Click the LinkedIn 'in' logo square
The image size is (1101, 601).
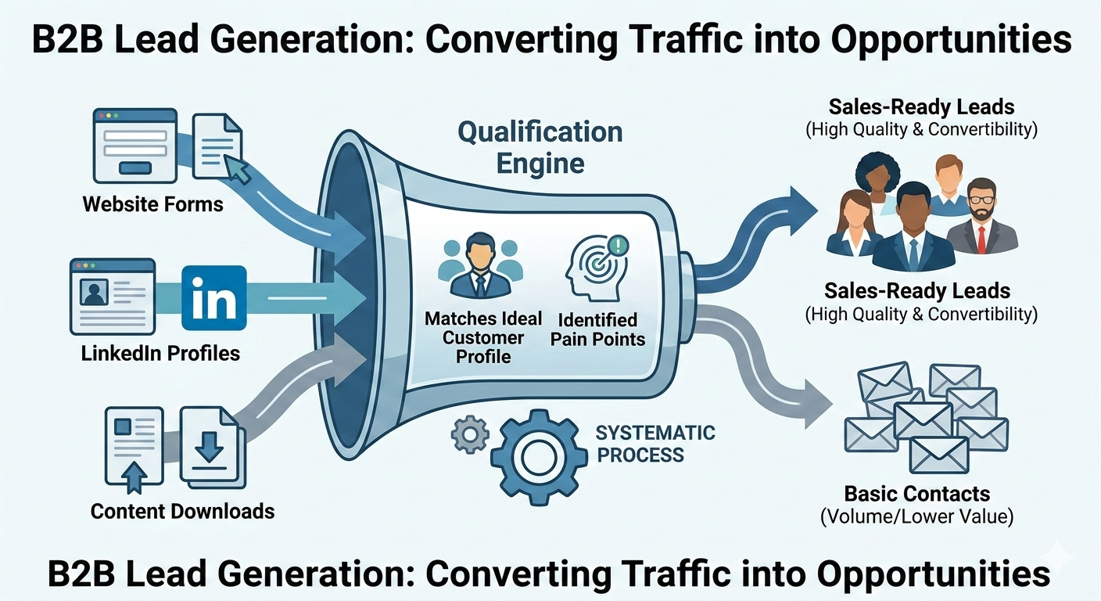213,298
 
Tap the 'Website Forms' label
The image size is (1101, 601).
152,205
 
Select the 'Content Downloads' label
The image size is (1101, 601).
182,512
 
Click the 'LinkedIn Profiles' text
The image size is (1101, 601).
160,354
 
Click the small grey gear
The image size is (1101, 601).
470,434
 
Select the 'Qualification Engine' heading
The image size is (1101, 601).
540,147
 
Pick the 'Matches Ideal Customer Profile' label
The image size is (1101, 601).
483,337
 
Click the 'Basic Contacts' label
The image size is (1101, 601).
916,494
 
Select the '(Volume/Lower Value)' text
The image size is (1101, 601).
916,517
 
